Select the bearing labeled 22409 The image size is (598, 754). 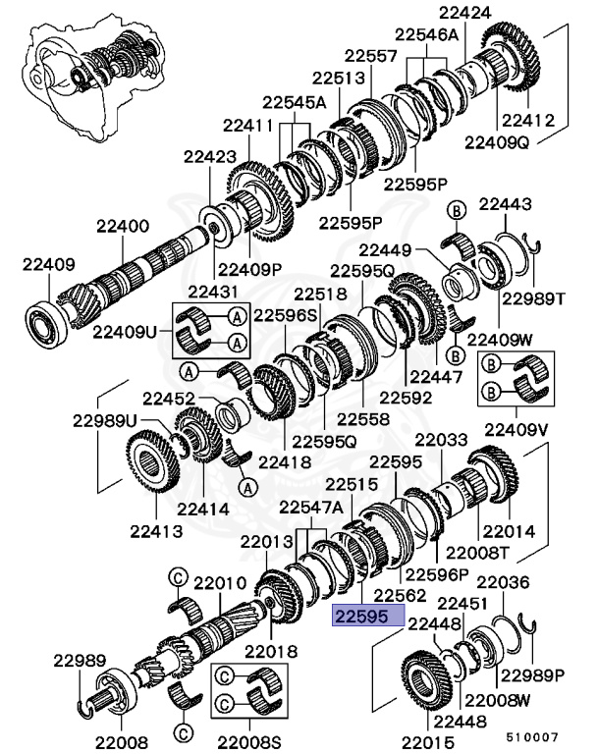pos(44,318)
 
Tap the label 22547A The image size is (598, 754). pos(311,507)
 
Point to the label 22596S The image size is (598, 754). pos(287,316)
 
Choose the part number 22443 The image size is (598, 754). pos(505,205)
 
